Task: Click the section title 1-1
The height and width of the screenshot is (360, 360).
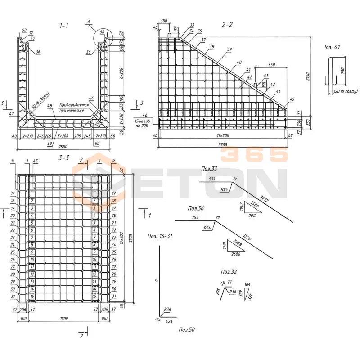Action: pos(64,25)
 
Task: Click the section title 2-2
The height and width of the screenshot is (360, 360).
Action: pos(228,24)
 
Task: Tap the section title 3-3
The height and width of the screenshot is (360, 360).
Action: pos(63,157)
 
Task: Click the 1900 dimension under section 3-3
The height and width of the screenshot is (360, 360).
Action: pos(63,319)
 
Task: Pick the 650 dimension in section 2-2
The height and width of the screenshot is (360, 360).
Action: pos(270,64)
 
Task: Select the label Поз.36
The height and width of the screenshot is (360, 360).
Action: pos(196,209)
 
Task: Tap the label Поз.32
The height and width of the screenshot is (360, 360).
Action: pos(229,272)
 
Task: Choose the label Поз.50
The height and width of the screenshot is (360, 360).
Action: pos(187,330)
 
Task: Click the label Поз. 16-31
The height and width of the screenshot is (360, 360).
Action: pos(160,236)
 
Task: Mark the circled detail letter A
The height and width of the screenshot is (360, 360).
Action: pos(89,21)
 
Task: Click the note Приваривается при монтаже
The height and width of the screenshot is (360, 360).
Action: pos(72,107)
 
